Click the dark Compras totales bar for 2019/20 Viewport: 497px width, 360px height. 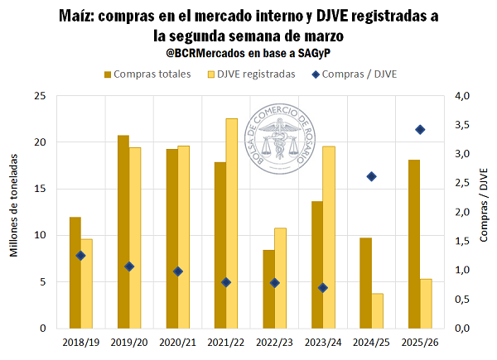(123, 232)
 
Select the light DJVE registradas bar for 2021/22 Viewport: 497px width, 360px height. (231, 223)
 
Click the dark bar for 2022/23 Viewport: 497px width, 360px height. (268, 289)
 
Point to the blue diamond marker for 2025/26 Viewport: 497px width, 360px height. (420, 129)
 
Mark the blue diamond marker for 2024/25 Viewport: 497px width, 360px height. (371, 176)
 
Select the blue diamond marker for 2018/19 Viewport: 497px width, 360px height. (80, 256)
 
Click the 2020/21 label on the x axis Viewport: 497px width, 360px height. (177, 340)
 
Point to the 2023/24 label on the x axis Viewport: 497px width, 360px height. (322, 340)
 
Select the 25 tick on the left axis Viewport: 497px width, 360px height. (39, 96)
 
